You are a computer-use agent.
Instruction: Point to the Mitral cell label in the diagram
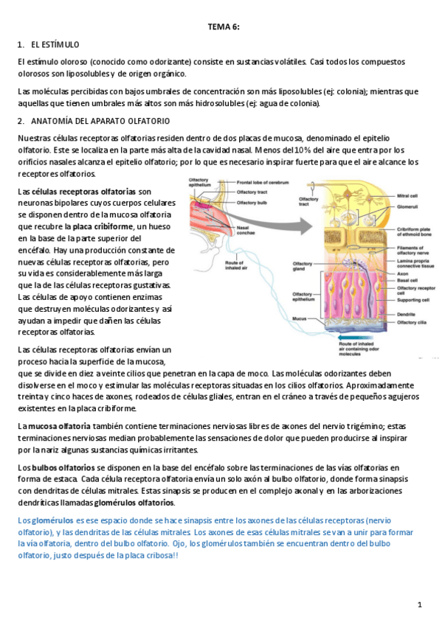[x=408, y=197]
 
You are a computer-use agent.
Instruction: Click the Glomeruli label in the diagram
[x=408, y=207]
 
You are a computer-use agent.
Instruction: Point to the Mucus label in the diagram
[x=299, y=318]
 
